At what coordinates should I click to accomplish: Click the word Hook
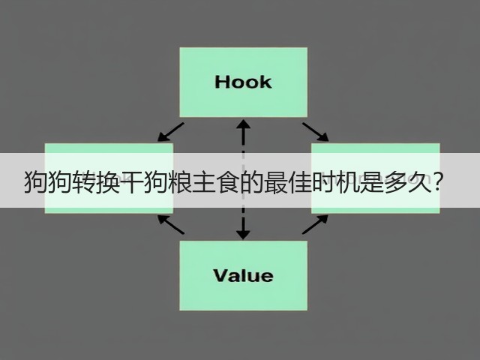(243, 82)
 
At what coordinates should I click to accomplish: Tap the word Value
(243, 275)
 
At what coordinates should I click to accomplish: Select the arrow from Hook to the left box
(170, 132)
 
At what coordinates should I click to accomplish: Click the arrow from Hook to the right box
(316, 132)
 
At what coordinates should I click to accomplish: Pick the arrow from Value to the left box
(171, 224)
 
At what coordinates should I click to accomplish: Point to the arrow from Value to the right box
(315, 224)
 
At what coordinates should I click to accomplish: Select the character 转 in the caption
(83, 182)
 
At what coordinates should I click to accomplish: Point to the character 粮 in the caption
(179, 182)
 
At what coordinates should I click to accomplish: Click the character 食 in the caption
(227, 182)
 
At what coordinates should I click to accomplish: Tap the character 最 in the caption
(275, 182)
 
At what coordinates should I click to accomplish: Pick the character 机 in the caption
(347, 182)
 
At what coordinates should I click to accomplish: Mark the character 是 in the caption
(371, 182)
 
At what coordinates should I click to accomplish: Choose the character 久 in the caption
(419, 182)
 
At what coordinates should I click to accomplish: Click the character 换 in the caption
(107, 182)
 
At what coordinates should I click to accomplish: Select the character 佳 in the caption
(299, 182)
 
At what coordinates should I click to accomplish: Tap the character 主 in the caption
(203, 182)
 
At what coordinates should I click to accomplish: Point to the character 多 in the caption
(395, 182)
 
